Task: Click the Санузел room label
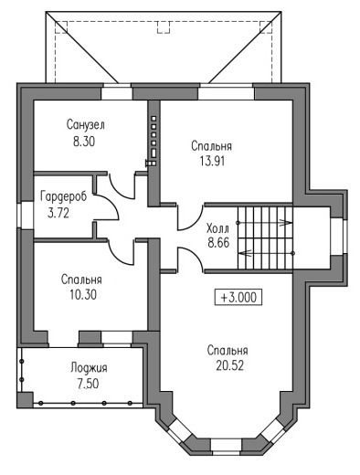[86, 125]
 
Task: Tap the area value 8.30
[84, 142]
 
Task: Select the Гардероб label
[64, 196]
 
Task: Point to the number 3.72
[58, 213]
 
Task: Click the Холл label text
[217, 228]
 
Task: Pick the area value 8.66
[218, 243]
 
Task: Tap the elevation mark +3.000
[238, 297]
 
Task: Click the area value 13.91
[212, 161]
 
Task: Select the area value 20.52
[230, 365]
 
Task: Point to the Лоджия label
[89, 368]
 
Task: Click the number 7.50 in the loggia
[88, 384]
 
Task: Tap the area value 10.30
[83, 294]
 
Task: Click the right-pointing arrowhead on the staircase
[286, 223]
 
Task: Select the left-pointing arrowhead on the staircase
[245, 253]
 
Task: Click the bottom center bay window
[227, 445]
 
